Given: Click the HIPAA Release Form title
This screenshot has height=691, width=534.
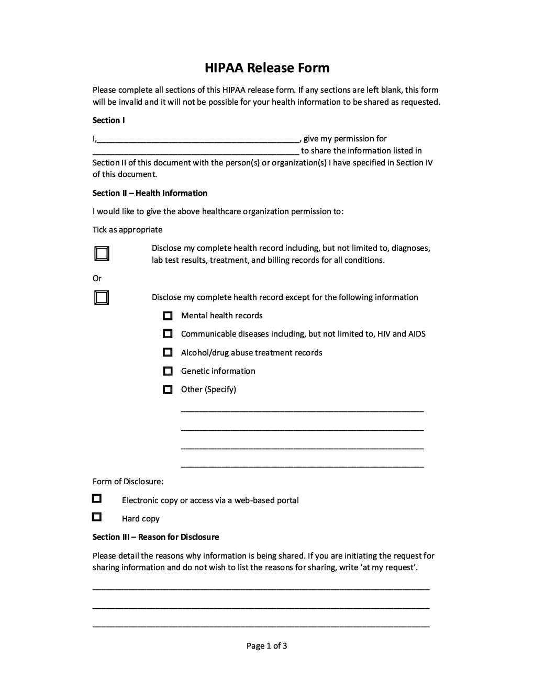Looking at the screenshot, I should [267, 68].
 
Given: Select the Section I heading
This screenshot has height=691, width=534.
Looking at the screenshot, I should [108, 120].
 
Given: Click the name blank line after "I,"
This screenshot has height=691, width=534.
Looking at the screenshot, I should [198, 139].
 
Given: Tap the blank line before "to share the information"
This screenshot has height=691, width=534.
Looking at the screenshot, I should [196, 152].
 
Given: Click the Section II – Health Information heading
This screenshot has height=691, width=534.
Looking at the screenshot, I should [150, 193].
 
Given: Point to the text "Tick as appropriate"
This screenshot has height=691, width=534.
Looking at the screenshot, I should [127, 230].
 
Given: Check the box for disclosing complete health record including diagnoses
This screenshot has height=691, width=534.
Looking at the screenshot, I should [102, 254].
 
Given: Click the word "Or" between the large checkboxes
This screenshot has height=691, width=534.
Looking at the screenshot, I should [97, 278].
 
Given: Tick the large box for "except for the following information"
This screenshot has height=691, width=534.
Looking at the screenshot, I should [102, 298].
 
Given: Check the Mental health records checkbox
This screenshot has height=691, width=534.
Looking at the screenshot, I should [168, 316].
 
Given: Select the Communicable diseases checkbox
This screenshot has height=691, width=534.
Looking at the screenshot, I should [168, 334].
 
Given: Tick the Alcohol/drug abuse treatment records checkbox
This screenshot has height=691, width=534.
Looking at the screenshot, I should [168, 352].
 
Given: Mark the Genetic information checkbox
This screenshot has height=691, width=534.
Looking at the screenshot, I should [168, 371].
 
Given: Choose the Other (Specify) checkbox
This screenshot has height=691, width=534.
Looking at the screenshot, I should [168, 389].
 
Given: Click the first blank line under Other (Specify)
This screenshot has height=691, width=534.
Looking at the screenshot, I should [302, 410].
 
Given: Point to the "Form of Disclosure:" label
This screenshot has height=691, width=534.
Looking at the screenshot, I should [128, 482].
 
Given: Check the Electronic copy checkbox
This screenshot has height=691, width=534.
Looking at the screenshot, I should [97, 498].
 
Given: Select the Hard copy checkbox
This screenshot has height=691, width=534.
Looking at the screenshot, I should [97, 517].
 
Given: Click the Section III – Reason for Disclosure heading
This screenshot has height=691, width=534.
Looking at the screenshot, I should [155, 537].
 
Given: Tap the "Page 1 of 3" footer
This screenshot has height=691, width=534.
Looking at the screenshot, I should [266, 646].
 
